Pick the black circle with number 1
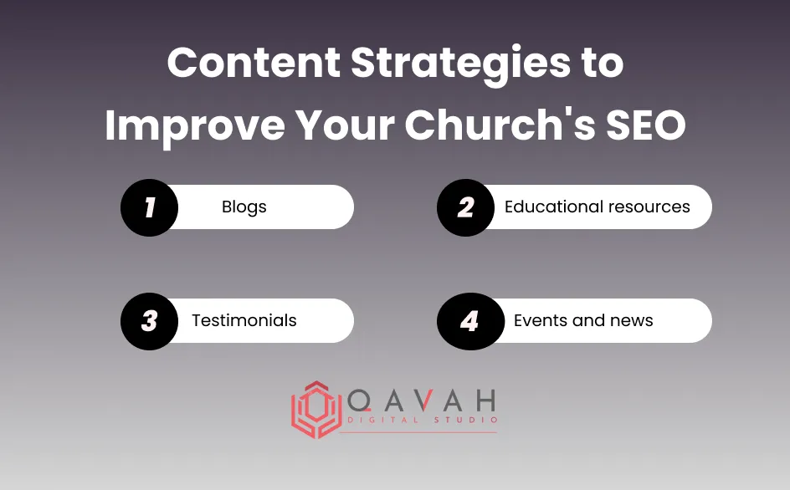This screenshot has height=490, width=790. (150, 207)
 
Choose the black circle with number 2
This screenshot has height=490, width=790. (466, 207)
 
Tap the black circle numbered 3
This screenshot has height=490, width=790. (150, 321)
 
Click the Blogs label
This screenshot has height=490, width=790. (244, 207)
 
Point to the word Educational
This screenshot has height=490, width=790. (552, 207)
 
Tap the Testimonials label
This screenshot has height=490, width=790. (244, 321)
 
